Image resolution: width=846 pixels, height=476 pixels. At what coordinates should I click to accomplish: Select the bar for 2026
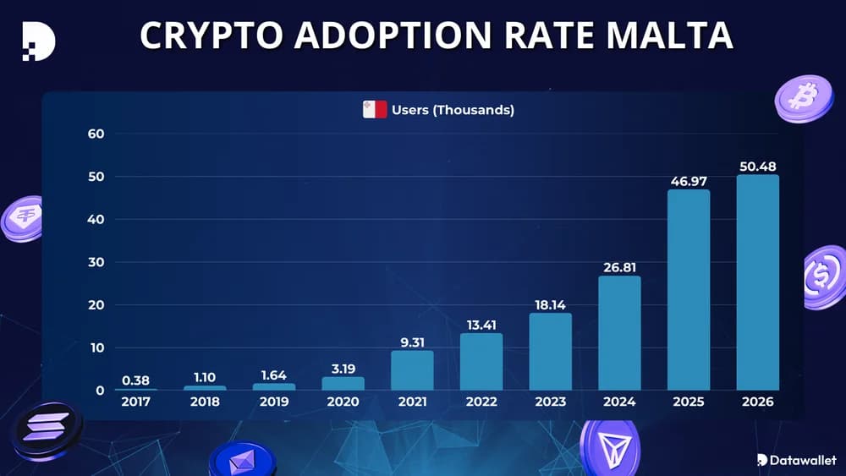(x=757, y=282)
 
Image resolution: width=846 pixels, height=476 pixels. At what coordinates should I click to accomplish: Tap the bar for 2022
(x=481, y=361)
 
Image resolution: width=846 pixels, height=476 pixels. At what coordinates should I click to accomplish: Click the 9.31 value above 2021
(x=412, y=342)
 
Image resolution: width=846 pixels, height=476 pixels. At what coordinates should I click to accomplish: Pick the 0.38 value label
(x=136, y=380)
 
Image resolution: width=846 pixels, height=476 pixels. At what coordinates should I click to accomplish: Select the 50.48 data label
(x=757, y=166)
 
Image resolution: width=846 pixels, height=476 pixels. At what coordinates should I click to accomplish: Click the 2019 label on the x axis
(x=274, y=402)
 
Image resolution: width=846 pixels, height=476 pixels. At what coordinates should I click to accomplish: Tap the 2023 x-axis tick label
(x=550, y=402)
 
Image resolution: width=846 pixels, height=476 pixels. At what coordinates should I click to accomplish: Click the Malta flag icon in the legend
(x=375, y=110)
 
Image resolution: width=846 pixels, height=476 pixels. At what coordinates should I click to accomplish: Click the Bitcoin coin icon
(x=802, y=98)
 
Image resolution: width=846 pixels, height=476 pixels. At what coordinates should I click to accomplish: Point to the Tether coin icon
(x=24, y=220)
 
